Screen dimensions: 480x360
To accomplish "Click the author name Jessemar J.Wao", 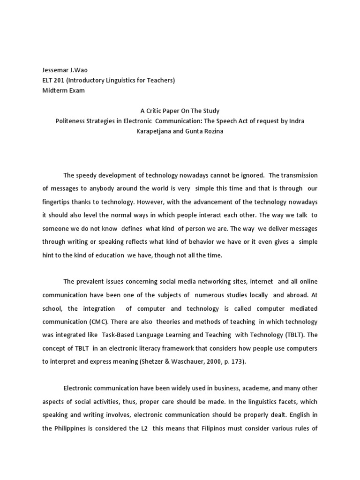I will [65, 70].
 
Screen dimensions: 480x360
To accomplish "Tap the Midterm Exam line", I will [64, 90].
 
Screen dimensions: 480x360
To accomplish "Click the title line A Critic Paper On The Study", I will [180, 111].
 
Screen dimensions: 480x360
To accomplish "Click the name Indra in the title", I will [296, 121].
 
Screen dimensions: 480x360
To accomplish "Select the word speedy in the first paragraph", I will [87, 175].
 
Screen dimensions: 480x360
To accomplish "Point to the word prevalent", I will [91, 282].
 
